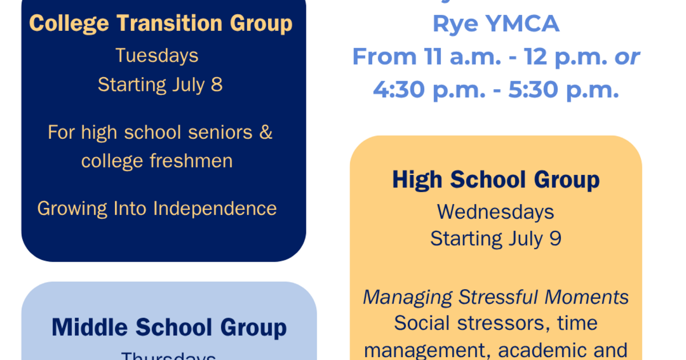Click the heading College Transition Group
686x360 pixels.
pos(161,24)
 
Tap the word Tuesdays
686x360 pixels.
pos(157,55)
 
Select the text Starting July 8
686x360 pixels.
pos(160,85)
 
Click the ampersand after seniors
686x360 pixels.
pos(266,133)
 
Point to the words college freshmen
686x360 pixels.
pos(157,161)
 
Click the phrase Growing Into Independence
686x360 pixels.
pos(157,208)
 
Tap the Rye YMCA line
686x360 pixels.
pos(496,24)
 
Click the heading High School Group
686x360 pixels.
pos(496,179)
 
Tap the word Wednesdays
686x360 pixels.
pos(496,212)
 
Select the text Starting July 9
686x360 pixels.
pos(496,238)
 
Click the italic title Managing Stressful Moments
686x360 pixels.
pos(496,297)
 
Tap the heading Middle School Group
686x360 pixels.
pos(169,327)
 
